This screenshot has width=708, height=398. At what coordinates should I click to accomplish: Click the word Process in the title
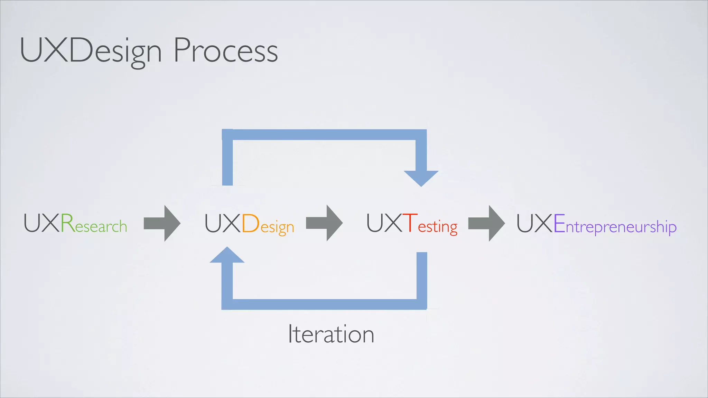(x=225, y=51)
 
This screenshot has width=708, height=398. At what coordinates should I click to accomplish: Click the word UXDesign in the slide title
(x=91, y=51)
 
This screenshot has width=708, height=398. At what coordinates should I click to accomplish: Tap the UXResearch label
(x=75, y=224)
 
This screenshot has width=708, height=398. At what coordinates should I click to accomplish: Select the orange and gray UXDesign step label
(x=249, y=224)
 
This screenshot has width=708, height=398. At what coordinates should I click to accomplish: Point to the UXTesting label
(x=412, y=224)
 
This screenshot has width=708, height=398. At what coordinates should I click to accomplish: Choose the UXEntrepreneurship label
(x=596, y=224)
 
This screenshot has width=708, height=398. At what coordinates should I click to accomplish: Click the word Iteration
(x=331, y=334)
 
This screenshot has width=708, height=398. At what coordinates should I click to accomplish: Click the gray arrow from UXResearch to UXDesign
(x=162, y=223)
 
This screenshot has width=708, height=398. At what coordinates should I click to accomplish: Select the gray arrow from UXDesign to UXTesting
(x=324, y=223)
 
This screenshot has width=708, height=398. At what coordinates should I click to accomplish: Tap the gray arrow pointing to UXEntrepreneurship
(x=486, y=223)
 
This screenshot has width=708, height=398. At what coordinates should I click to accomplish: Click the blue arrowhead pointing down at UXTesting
(x=421, y=178)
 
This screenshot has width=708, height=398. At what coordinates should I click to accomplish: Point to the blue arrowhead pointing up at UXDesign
(x=227, y=255)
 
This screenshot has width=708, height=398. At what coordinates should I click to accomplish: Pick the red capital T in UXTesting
(x=410, y=223)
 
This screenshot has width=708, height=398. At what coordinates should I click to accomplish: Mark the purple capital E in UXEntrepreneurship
(x=559, y=223)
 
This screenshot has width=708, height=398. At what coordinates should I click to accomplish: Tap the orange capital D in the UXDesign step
(x=250, y=223)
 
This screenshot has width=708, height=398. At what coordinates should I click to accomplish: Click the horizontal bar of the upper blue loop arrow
(x=324, y=135)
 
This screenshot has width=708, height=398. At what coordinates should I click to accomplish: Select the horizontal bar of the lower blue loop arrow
(x=324, y=304)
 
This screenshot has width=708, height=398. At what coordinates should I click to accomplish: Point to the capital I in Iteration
(x=290, y=334)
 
